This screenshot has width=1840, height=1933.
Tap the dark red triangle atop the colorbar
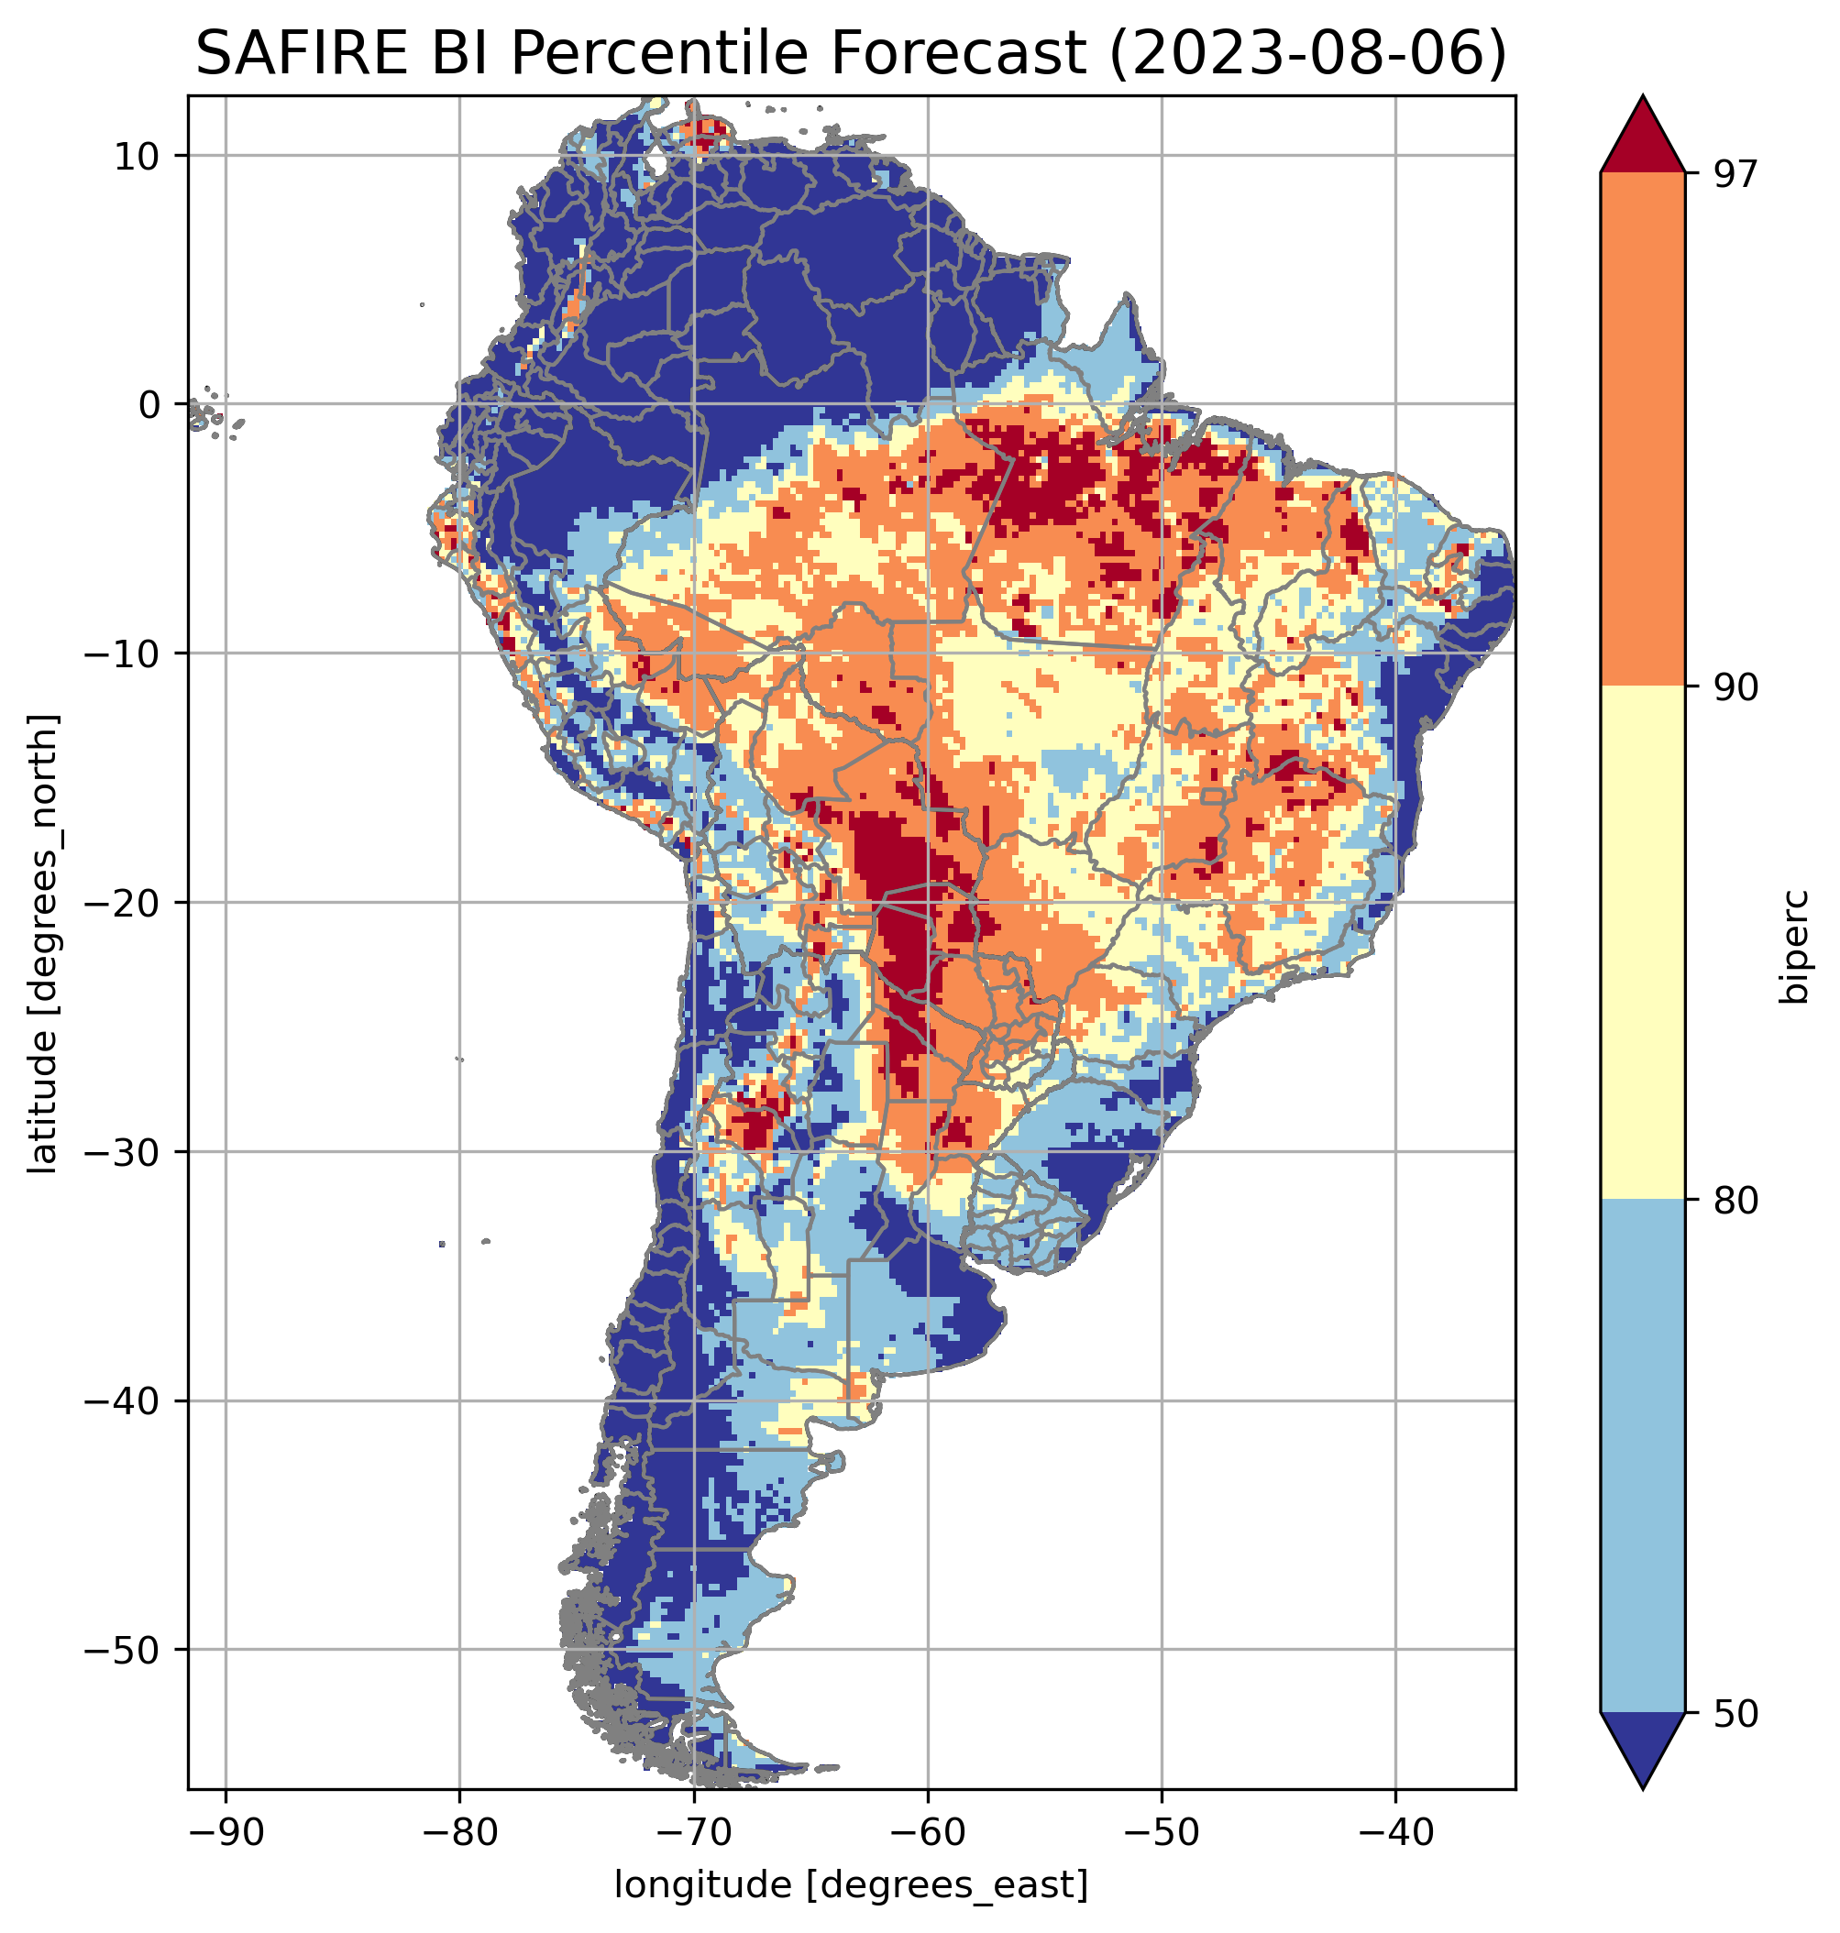[1642, 137]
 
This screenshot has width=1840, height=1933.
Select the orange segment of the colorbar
[1642, 430]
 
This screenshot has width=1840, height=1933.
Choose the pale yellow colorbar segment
[1642, 941]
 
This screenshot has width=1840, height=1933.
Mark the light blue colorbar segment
[1642, 1456]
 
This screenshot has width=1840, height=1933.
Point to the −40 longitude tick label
[1394, 1831]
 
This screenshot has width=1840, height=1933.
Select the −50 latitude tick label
[122, 1651]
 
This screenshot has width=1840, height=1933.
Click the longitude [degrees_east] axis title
[851, 1884]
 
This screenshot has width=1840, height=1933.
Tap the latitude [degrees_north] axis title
[43, 943]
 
